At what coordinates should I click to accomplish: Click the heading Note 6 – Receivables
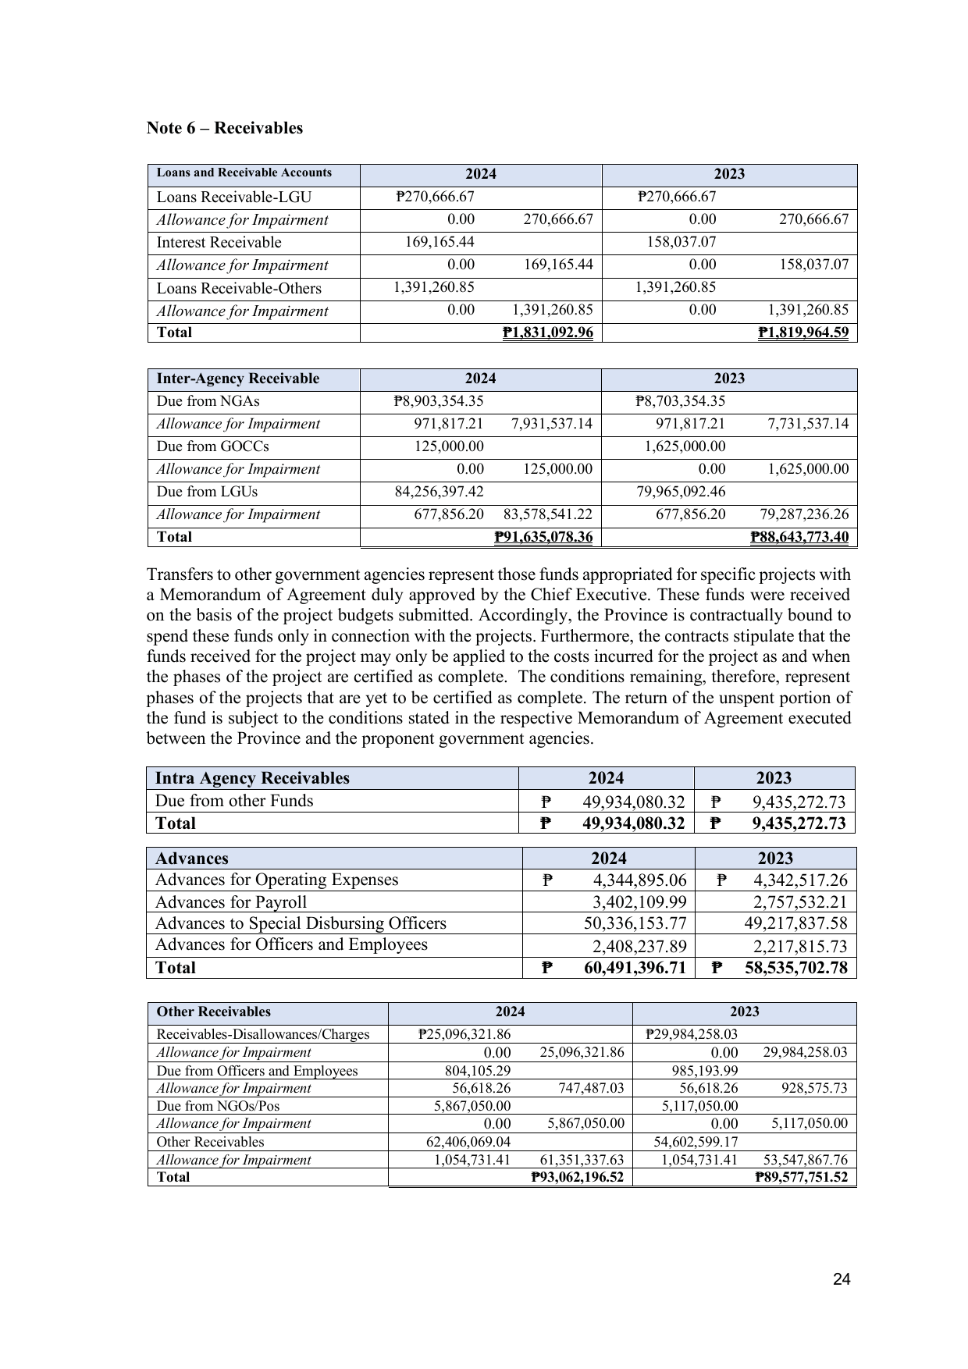[x=225, y=128]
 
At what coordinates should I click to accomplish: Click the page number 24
[x=842, y=1279]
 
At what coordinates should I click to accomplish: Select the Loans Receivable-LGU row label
[x=222, y=197]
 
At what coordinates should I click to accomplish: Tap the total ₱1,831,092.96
[x=548, y=332]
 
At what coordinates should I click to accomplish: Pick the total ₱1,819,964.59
[x=803, y=332]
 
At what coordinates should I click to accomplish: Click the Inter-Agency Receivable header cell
[x=237, y=379]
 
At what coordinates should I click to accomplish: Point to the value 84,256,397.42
[x=439, y=492]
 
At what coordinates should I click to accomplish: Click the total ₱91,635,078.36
[x=543, y=537]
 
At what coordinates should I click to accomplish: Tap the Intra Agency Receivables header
[x=252, y=778]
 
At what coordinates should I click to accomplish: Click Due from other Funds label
[x=233, y=801]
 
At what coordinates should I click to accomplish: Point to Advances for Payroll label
[x=230, y=902]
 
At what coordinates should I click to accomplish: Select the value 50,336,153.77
[x=635, y=923]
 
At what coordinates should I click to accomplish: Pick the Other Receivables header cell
[x=213, y=1012]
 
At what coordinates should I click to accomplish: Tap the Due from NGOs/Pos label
[x=218, y=1106]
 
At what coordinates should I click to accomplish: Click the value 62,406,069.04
[x=464, y=1141]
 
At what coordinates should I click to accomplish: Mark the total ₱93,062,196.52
[x=577, y=1177]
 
